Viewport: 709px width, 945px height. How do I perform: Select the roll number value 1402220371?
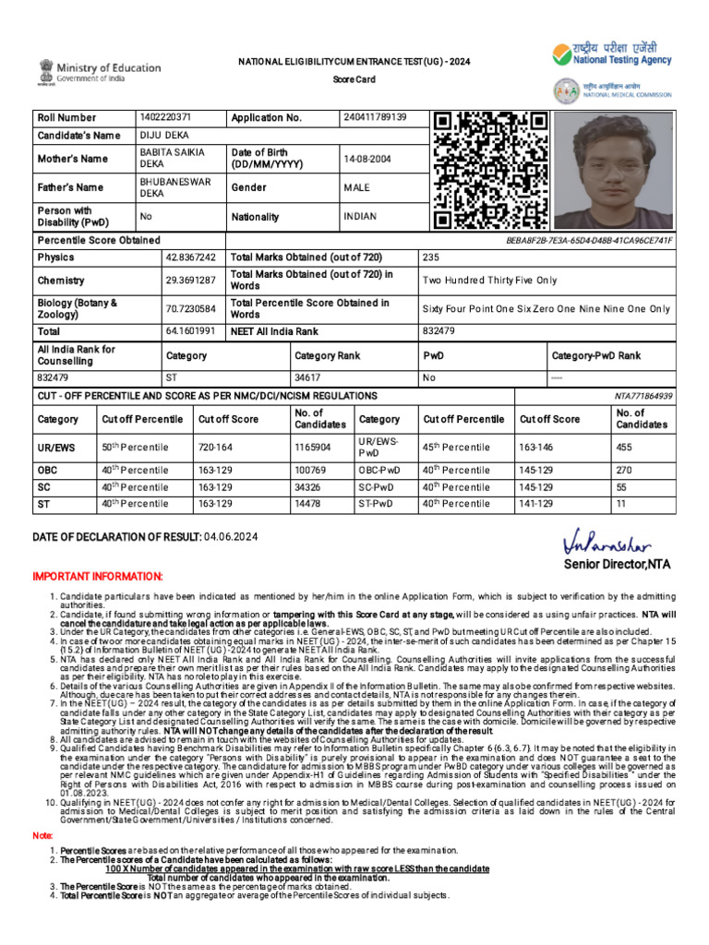tap(165, 118)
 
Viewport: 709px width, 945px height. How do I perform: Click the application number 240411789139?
tap(375, 118)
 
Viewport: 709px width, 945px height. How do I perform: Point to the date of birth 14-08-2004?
tap(367, 159)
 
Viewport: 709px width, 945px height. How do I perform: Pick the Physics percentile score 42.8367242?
tap(191, 257)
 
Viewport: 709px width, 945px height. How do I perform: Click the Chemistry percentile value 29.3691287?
tap(191, 280)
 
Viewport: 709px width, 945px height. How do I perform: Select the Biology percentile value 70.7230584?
tap(191, 308)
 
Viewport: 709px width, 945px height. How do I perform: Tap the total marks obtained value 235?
tap(432, 257)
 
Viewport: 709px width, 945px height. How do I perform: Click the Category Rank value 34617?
tap(308, 377)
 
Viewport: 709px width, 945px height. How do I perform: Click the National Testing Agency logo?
tap(612, 55)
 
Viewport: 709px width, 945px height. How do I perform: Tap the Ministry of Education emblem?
tap(46, 72)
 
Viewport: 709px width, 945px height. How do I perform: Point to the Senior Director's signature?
tap(605, 542)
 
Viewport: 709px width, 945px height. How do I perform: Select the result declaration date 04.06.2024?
tap(231, 537)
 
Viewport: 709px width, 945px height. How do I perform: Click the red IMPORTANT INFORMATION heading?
tap(97, 576)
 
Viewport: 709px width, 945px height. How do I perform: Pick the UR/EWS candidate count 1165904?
tap(313, 448)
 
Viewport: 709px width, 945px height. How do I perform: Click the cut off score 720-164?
tap(215, 448)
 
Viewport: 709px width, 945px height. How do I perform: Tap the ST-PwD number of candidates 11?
tap(620, 504)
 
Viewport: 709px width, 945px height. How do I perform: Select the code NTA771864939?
tap(643, 395)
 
